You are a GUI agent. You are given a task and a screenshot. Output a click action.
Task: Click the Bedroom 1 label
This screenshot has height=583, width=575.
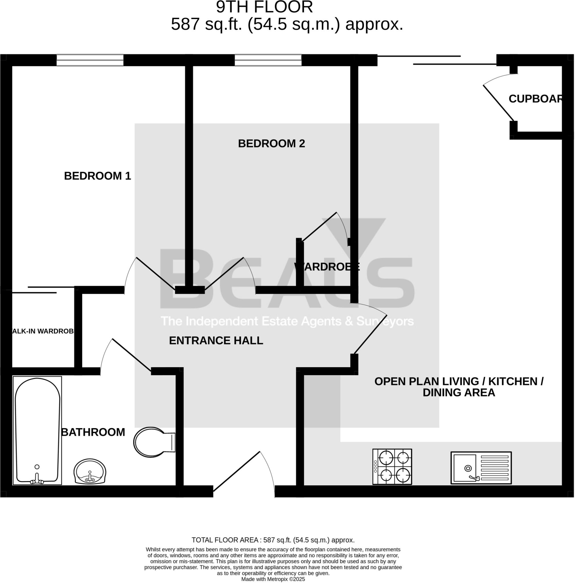pos(97,176)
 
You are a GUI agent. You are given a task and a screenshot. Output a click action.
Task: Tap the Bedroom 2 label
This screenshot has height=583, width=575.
pos(271,144)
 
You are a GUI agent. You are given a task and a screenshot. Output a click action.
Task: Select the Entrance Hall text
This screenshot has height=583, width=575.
pos(216,341)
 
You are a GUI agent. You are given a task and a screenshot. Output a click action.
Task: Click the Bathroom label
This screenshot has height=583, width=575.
pos(93,432)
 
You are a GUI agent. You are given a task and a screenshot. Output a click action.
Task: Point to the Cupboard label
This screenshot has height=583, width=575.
pos(535,99)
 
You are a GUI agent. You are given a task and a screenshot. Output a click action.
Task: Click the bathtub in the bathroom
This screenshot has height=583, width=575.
pos(37,431)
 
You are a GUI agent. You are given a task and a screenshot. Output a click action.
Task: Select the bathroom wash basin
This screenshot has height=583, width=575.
pos(90,472)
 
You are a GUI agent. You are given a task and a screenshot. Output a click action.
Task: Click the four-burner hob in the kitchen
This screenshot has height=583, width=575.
pos(392,467)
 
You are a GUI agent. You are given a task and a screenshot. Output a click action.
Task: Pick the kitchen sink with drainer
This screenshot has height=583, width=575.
pos(481,468)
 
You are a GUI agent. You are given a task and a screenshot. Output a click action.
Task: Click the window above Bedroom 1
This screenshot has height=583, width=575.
pos(90,60)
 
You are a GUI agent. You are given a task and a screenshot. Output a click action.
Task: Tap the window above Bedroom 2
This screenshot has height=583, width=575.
pos(268,60)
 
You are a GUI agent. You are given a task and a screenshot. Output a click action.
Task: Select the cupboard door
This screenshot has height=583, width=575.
pos(498,102)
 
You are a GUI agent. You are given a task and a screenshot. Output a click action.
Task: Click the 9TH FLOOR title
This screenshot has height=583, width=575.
pos(264,7)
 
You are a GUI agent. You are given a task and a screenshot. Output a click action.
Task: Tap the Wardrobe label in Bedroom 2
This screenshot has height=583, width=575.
pos(327,267)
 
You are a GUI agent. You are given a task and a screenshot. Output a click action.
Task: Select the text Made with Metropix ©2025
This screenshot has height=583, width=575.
pos(273,579)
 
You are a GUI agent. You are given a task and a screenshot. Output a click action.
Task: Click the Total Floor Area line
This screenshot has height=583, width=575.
pos(273,540)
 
